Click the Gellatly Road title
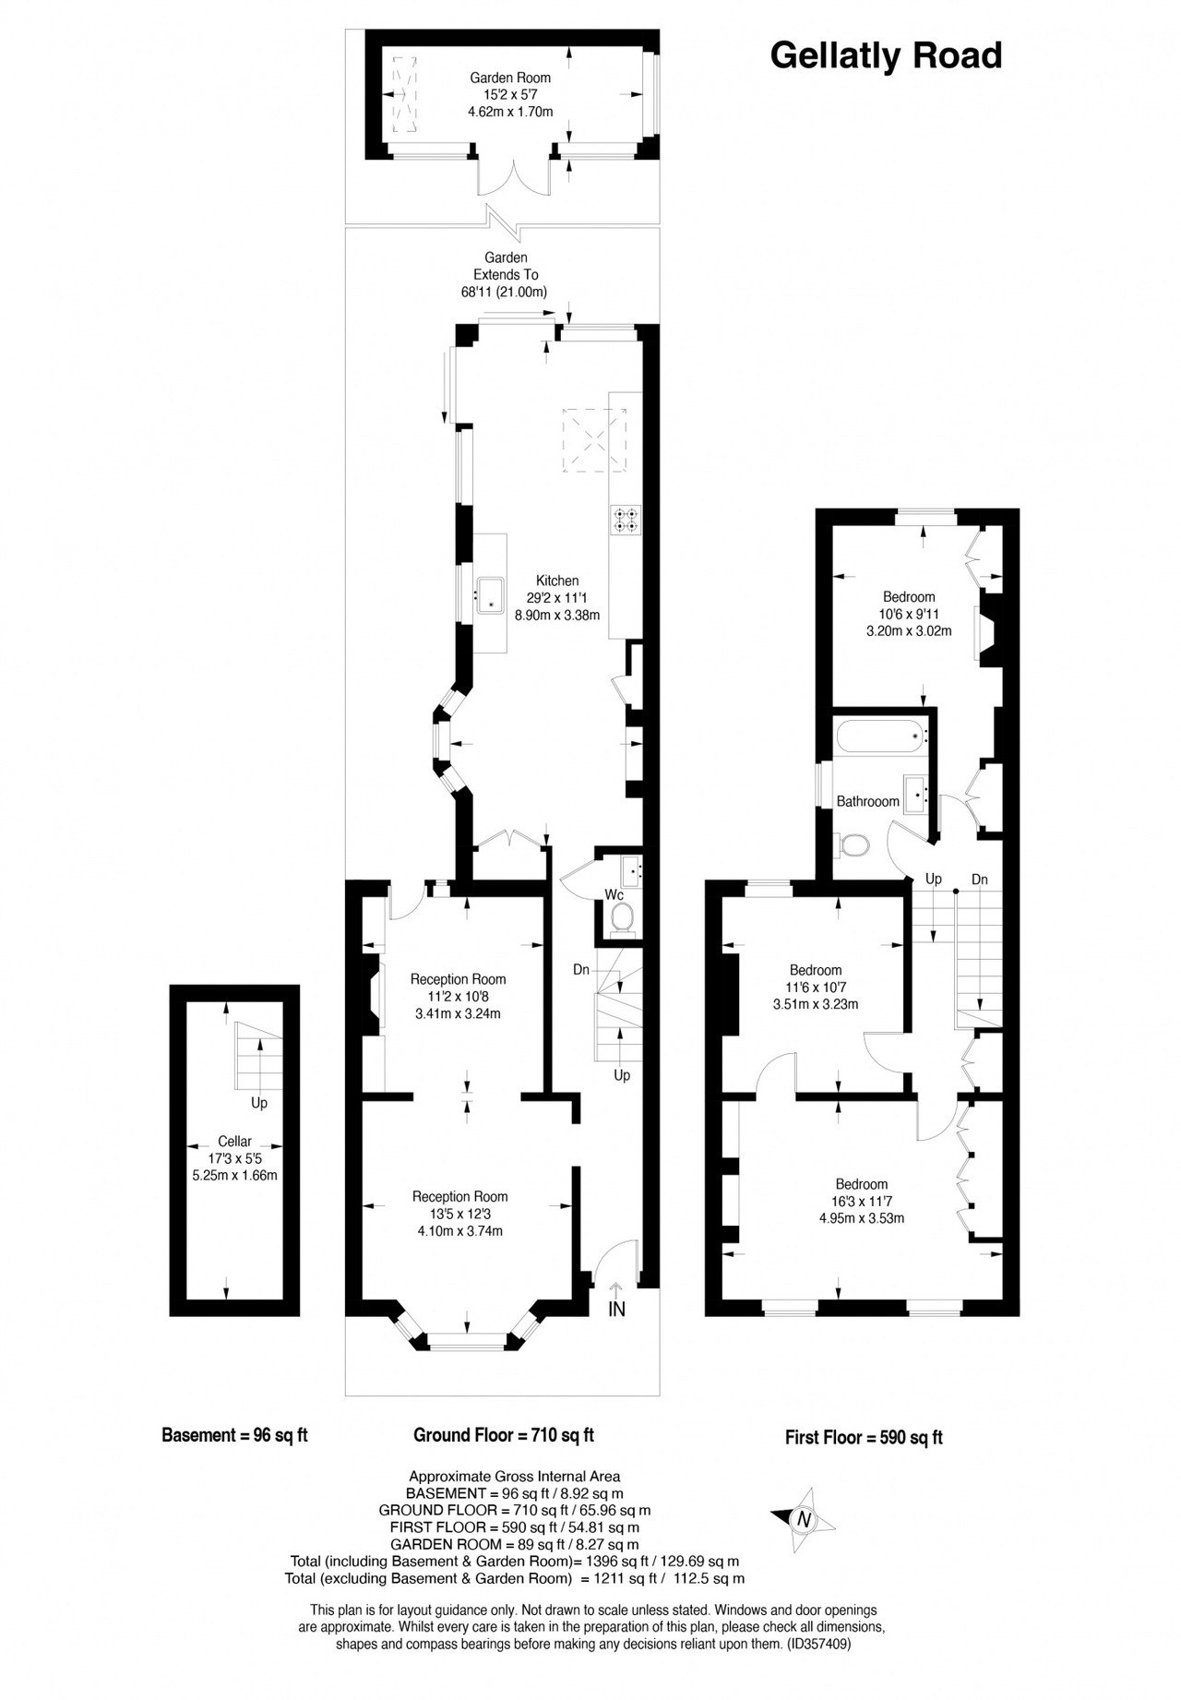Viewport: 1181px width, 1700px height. pos(886,56)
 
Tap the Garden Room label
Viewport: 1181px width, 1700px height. pos(510,78)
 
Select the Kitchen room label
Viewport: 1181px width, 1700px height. pos(557,581)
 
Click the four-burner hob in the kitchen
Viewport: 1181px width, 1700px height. pos(625,519)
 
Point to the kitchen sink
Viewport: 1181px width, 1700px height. pos(489,594)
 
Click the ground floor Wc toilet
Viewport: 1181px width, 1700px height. pos(623,919)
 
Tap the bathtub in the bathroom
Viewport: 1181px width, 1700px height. pos(881,736)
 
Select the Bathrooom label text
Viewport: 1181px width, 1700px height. pos(868,801)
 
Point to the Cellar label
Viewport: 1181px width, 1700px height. pos(234,1142)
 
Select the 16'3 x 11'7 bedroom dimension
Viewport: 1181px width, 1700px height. pos(862,1202)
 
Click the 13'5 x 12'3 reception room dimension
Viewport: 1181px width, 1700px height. pos(459,1214)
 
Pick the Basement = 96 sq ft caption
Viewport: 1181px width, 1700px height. pos(234,1435)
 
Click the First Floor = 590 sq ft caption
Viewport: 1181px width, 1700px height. pos(864,1437)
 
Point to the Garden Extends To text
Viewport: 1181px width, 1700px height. pos(506,266)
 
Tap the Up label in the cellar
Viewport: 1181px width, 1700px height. pos(259,1103)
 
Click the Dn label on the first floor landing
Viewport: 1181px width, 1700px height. pos(980,880)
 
